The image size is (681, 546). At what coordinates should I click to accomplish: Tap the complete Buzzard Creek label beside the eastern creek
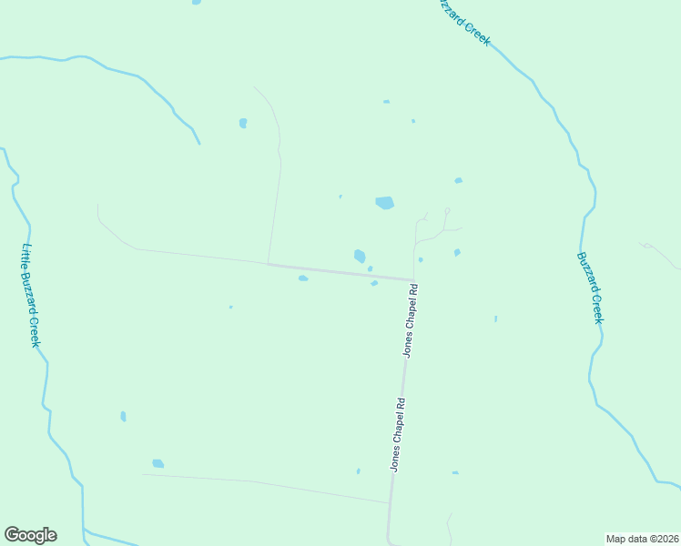coord(590,288)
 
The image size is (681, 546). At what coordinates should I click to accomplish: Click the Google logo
coord(30,535)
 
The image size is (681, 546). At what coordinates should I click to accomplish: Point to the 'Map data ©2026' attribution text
coord(643,539)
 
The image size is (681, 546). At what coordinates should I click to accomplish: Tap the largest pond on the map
coord(385,203)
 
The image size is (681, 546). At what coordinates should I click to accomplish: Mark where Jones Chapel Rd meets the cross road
coord(413,280)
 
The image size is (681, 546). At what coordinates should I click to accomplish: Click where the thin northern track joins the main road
coord(268,264)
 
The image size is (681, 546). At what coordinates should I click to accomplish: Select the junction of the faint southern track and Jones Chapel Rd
coord(391,502)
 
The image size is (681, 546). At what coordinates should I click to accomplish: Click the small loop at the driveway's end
coord(446,211)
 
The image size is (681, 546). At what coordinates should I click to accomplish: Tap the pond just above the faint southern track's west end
coord(158,463)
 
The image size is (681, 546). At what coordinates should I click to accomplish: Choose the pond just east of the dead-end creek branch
coord(243,123)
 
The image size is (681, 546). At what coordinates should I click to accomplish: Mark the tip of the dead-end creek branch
coord(199,143)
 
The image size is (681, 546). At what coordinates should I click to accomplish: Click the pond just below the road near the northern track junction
coord(303,278)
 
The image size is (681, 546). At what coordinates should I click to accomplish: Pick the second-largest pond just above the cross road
coord(360,256)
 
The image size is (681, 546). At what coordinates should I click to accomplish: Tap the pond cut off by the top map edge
coord(197,2)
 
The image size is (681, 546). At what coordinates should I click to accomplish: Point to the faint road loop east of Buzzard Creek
coord(647,245)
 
